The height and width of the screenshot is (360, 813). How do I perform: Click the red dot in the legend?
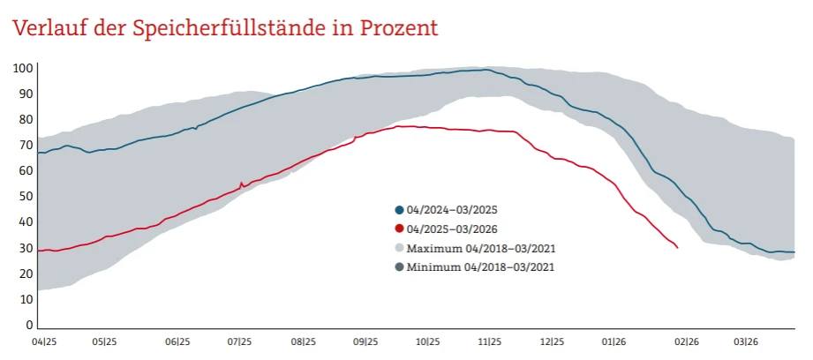click(x=399, y=229)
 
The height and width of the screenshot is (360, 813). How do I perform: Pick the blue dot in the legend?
click(x=399, y=210)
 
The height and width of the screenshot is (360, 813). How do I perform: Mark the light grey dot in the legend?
click(x=399, y=248)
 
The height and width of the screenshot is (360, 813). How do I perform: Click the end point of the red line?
click(x=677, y=248)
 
